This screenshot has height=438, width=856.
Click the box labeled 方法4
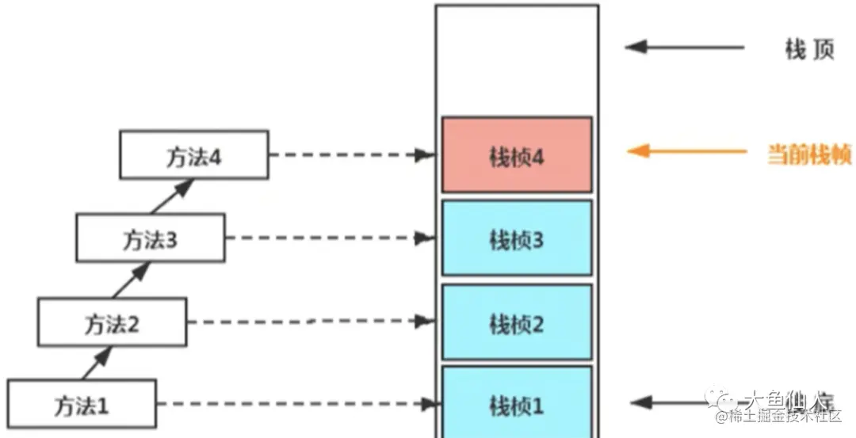pos(193,155)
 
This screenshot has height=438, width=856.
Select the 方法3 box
pos(150,238)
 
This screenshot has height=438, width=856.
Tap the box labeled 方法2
pos(112,322)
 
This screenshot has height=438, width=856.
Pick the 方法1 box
pos(82,406)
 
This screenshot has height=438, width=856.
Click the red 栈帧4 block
pos(517,155)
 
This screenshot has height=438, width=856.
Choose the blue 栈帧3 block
pos(517,238)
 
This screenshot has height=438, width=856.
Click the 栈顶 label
pos(809,49)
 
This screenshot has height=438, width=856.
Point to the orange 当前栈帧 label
pos(808,153)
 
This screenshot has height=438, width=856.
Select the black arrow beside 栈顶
pos(685,47)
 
